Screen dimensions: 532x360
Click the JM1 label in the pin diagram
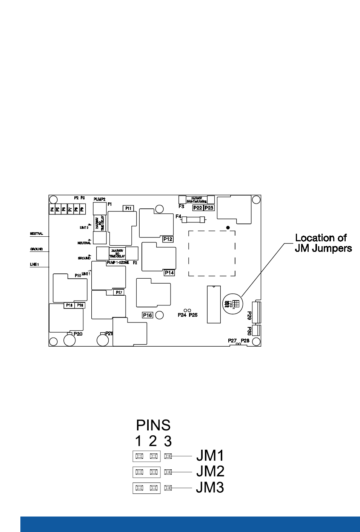tap(210, 456)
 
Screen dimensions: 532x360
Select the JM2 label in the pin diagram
tap(210, 472)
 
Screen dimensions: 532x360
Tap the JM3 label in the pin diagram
tap(210, 487)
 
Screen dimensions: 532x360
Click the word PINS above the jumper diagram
tap(153, 426)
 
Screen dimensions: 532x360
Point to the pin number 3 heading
tap(168, 441)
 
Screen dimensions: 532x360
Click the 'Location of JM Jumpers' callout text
tap(323, 243)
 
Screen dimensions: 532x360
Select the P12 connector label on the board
tap(168, 239)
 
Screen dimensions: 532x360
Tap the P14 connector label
tap(170, 272)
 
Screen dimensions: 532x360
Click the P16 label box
tap(148, 315)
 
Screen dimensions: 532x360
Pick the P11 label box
tap(128, 208)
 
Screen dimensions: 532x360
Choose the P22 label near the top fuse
tap(197, 208)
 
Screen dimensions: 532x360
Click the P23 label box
tap(209, 208)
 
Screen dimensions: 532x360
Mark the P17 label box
tap(119, 292)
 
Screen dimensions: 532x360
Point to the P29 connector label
tap(249, 316)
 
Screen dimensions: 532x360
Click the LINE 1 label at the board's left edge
tap(34, 265)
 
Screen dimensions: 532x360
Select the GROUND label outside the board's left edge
tap(37, 249)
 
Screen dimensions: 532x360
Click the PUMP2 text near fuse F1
tap(99, 199)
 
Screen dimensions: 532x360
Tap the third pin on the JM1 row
tap(168, 456)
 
